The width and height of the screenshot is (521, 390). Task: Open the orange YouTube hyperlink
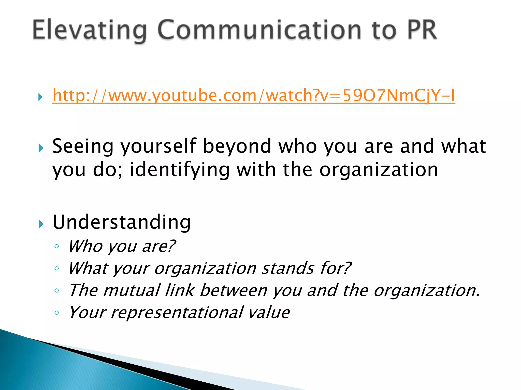[x=253, y=96]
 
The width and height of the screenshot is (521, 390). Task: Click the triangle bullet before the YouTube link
[x=40, y=97]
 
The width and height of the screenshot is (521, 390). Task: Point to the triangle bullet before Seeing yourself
[x=40, y=148]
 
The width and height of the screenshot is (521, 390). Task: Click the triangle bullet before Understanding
[x=40, y=224]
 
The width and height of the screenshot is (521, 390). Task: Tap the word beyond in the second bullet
[x=237, y=147]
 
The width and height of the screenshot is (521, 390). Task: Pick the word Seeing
[x=83, y=147]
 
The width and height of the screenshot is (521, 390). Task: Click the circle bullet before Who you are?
[x=57, y=246]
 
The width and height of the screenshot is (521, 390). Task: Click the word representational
[x=177, y=313]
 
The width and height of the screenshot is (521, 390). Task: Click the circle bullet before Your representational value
[x=57, y=313]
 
